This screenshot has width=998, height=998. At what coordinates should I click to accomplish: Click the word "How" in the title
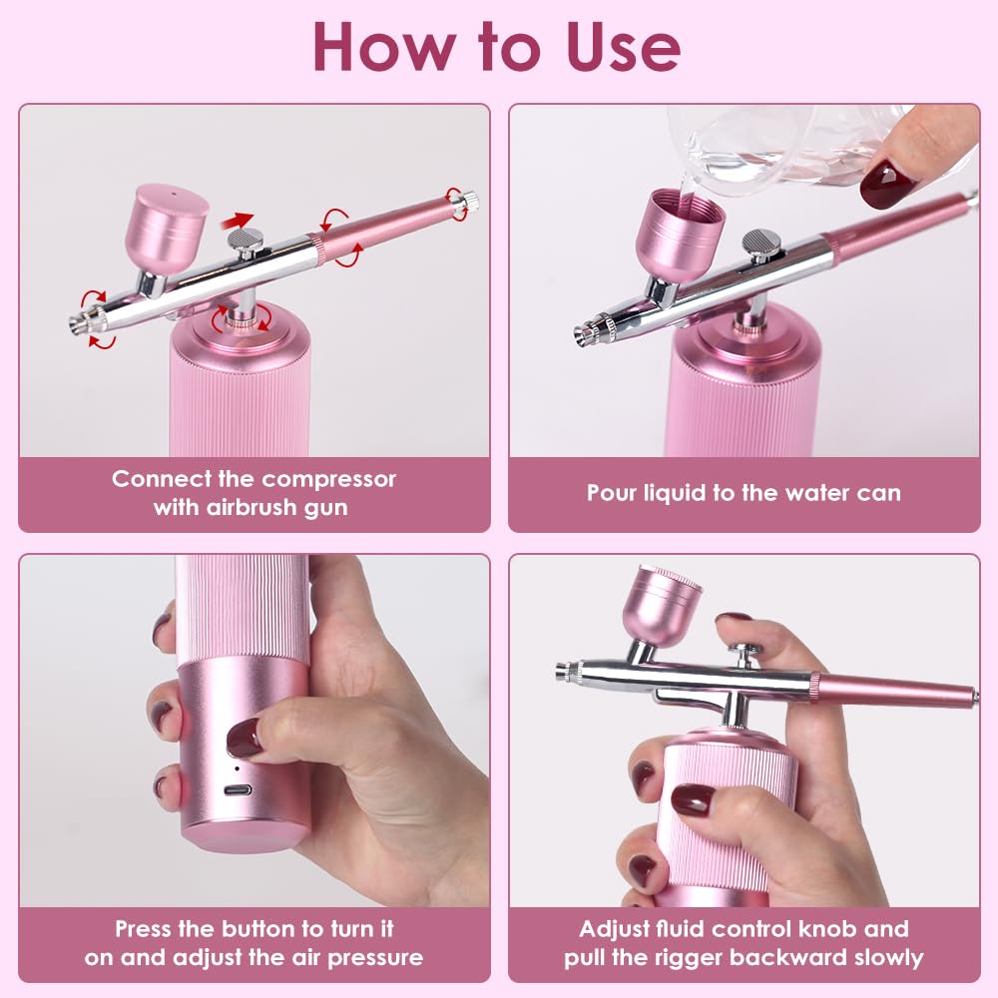[x=384, y=47]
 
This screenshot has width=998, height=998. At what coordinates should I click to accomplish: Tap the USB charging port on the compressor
[x=239, y=790]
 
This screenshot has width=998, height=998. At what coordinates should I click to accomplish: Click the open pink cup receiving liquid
[x=680, y=235]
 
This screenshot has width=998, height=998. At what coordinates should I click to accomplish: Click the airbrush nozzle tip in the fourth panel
[x=561, y=671]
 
